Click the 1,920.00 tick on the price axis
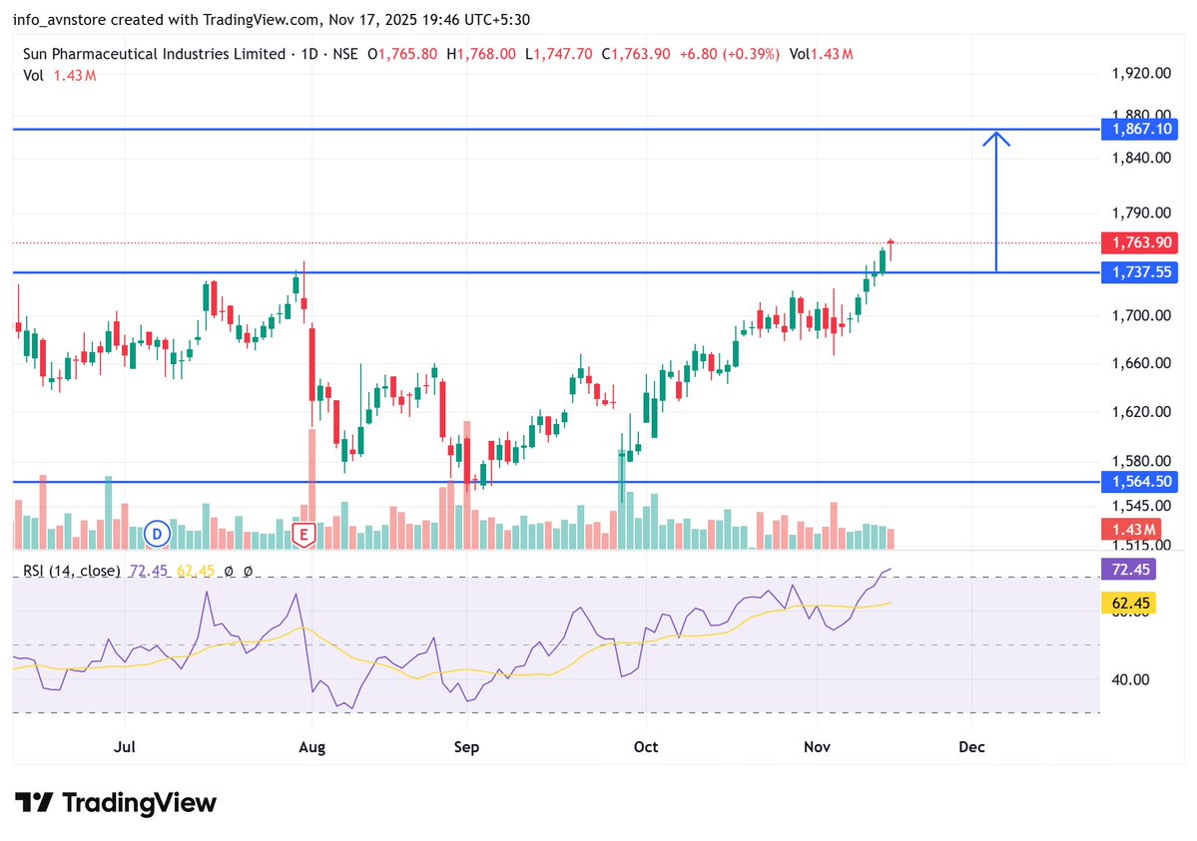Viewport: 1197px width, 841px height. (x=1139, y=73)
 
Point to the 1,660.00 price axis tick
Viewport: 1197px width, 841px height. (x=1139, y=363)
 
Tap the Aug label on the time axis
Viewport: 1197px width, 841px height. (x=312, y=746)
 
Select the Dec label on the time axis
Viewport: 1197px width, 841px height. (x=971, y=746)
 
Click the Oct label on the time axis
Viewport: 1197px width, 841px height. (x=646, y=746)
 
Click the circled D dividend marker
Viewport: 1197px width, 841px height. (x=157, y=534)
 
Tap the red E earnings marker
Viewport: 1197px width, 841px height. (x=303, y=535)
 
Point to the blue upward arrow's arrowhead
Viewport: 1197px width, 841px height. (x=996, y=137)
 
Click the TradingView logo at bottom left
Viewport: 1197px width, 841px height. (x=116, y=802)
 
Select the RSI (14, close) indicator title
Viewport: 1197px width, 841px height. (x=71, y=571)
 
